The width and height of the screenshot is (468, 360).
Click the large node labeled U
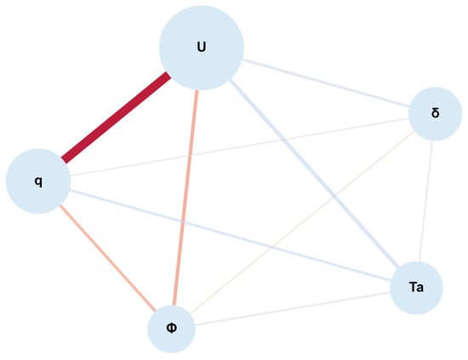point(201,48)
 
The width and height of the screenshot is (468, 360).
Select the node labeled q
point(38,181)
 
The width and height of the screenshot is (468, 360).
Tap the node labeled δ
point(435,114)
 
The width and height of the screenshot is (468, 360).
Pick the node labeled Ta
point(416,288)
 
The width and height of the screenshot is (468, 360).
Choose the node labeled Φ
point(171,329)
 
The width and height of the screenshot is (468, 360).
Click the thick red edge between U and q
point(116,117)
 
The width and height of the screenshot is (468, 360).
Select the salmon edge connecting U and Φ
point(185,198)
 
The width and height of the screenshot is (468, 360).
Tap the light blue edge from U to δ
point(326,83)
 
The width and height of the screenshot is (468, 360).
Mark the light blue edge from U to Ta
point(314,173)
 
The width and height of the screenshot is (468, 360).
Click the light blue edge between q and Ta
point(230,236)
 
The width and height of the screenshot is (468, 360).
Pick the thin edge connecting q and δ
point(239,147)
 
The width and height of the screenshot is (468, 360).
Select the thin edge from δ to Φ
point(302,222)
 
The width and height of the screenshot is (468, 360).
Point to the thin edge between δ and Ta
point(426,201)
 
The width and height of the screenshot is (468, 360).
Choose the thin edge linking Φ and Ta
point(293,309)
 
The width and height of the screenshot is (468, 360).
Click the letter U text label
point(202,47)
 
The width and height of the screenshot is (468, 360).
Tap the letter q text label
point(38,181)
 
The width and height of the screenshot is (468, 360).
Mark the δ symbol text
point(436,113)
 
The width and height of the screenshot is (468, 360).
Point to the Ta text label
point(416,287)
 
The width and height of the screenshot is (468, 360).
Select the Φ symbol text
point(171,328)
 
